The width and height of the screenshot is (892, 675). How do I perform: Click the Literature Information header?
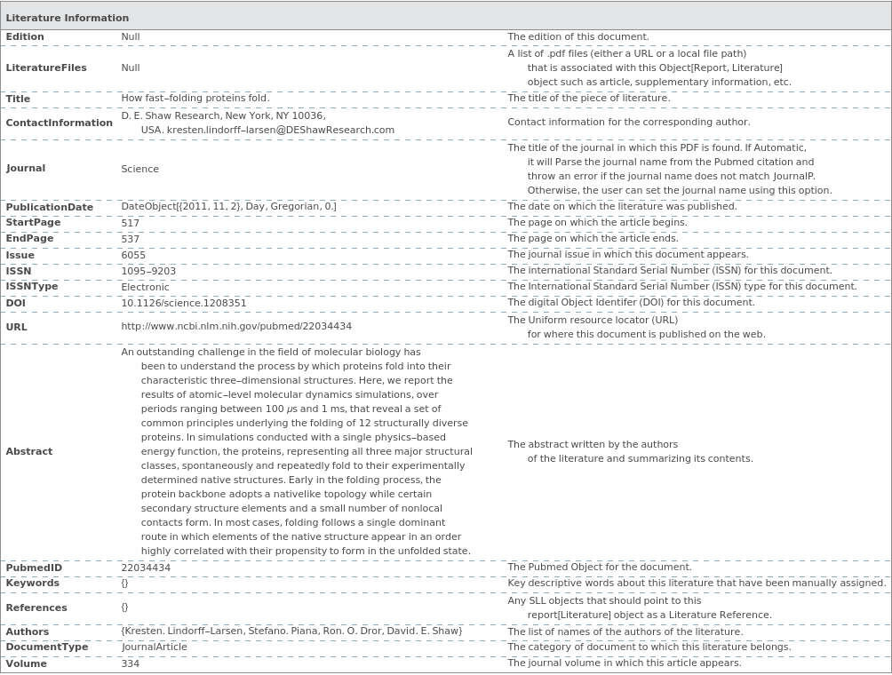tap(68, 18)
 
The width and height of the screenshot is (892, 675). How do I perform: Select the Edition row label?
tap(25, 37)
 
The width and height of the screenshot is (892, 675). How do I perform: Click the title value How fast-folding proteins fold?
tap(195, 99)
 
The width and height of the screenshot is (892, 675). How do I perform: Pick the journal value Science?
tap(140, 169)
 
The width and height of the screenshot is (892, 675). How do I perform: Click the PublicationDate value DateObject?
tap(228, 207)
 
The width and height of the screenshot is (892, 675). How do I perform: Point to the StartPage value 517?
tap(131, 223)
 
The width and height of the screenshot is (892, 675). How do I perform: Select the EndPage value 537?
tap(131, 239)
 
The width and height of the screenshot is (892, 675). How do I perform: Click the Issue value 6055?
tap(133, 255)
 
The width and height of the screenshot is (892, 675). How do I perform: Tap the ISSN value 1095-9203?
tap(148, 271)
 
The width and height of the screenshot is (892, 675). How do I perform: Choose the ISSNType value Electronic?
tap(145, 287)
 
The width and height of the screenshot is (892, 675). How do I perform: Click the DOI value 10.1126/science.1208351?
tap(184, 303)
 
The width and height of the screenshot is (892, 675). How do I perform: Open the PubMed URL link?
tap(236, 327)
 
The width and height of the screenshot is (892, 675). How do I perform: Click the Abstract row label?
tap(29, 451)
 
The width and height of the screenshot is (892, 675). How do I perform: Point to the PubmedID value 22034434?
tap(146, 568)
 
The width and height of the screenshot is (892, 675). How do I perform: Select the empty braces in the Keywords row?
tap(125, 584)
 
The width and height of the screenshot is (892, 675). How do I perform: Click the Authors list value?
tap(291, 631)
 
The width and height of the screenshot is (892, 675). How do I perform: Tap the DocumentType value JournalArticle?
tap(155, 647)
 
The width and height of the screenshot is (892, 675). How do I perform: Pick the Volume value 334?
tap(131, 663)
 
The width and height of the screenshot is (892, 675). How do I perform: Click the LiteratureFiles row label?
tap(46, 67)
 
